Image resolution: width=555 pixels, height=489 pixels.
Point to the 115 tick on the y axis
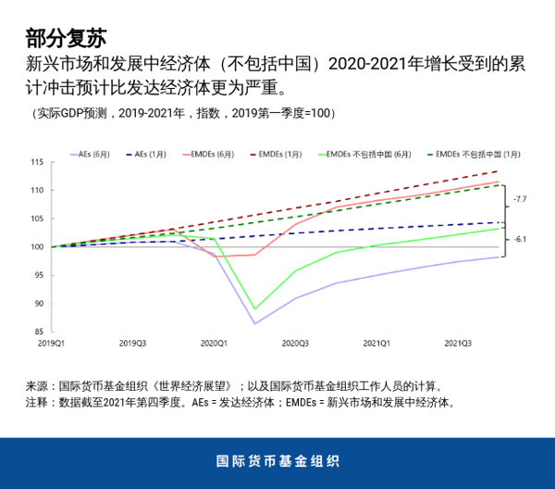coord(38,162)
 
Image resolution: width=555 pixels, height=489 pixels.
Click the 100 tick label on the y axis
coord(38,247)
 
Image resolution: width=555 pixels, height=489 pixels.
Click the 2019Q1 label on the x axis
coord(51,344)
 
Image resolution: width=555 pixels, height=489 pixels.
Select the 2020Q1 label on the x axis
coord(215,344)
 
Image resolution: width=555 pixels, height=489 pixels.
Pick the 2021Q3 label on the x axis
coord(458,344)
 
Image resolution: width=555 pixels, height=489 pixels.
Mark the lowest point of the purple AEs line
coord(255,323)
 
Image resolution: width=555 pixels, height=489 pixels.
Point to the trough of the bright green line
coord(255,308)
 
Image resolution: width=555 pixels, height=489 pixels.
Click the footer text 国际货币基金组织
coord(277,461)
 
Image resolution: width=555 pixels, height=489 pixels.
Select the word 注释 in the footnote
coord(36,403)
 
